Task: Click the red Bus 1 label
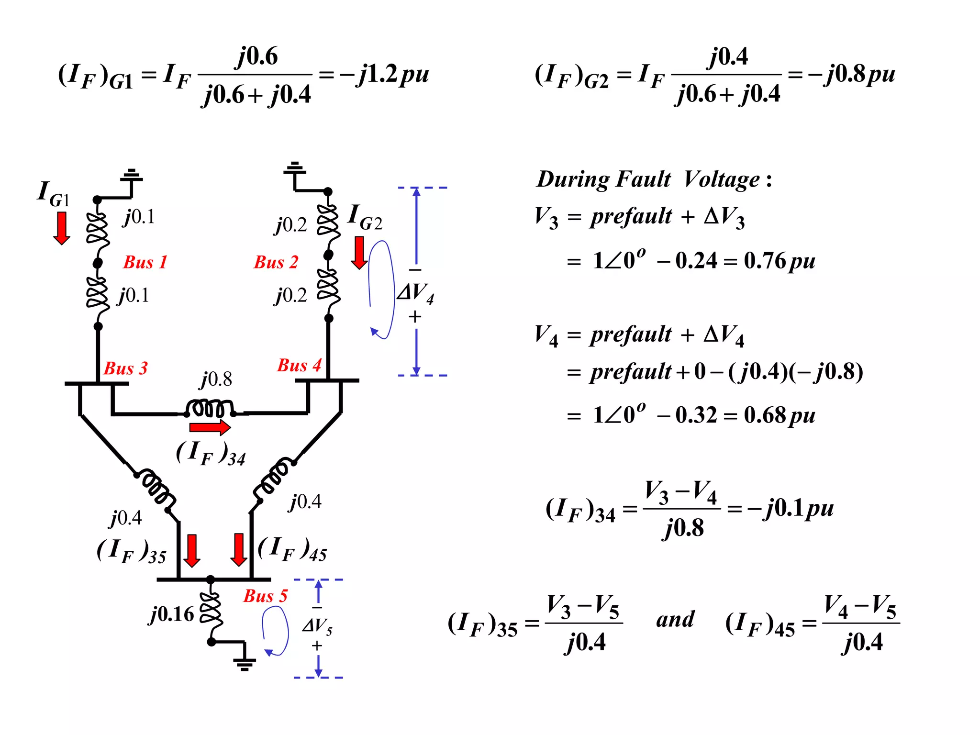[145, 262]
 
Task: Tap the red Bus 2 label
[276, 262]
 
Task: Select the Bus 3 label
[125, 368]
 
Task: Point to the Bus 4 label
[299, 365]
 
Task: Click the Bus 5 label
[265, 596]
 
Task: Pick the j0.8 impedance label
[216, 379]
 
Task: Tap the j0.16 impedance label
[172, 614]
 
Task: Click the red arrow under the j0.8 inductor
[210, 427]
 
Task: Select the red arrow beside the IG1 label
[62, 228]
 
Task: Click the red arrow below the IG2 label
[359, 253]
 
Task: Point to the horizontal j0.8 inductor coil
[210, 409]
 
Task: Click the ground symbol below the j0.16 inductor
[245, 663]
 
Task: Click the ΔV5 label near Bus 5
[317, 625]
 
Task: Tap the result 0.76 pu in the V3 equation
[779, 261]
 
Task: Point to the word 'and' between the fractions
[675, 620]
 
